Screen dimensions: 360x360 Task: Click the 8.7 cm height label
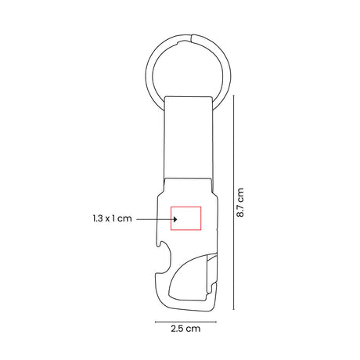point(240,202)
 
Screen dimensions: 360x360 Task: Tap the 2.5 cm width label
point(185,329)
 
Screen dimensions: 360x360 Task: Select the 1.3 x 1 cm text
point(112,218)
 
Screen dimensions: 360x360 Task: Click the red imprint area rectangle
point(185,207)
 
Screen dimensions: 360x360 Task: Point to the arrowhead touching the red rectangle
point(175,219)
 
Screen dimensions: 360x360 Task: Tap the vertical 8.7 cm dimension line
point(234,203)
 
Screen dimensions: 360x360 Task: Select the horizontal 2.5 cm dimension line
point(185,322)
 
